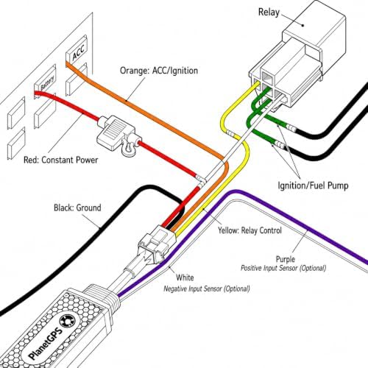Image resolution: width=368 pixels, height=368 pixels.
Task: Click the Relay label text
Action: point(269,12)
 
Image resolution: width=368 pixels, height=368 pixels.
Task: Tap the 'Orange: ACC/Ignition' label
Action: point(159,71)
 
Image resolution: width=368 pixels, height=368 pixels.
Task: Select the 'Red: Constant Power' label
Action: point(60,160)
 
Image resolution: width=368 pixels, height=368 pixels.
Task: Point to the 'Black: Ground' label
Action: point(77,208)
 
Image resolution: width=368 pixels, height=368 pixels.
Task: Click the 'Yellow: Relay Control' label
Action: point(250,230)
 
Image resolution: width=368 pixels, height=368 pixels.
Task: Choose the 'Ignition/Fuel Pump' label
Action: point(313,185)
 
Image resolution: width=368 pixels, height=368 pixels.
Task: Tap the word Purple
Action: point(286,259)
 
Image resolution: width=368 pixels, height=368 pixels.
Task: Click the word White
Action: point(185,277)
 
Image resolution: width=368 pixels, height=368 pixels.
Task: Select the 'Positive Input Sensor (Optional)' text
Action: point(283,268)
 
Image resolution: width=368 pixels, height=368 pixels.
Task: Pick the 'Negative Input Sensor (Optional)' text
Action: point(207,289)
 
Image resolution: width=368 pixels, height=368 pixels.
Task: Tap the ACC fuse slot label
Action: point(79,52)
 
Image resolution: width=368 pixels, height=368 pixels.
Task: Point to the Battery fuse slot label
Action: point(47,83)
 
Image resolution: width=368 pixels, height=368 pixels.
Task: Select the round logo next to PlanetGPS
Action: point(69,321)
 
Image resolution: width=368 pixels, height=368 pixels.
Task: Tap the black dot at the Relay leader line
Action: point(303,25)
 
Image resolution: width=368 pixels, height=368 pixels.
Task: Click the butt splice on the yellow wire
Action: point(230,134)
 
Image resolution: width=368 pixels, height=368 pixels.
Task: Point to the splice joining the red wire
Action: point(201,180)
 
